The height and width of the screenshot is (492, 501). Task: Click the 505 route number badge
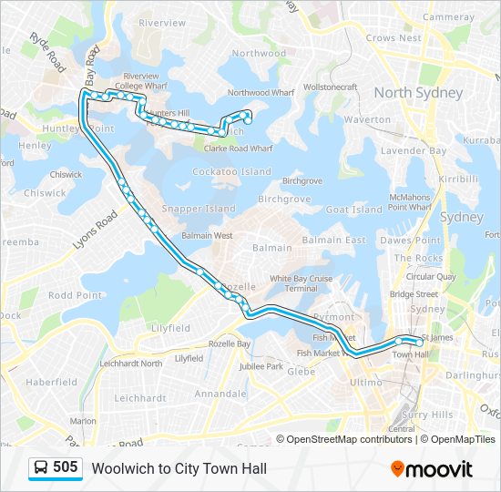65,467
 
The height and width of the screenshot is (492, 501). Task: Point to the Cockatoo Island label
231,171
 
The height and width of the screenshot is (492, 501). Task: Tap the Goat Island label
353,210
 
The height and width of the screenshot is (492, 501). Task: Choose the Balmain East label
333,240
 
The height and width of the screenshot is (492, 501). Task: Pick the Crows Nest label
393,38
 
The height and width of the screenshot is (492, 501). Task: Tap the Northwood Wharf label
261,93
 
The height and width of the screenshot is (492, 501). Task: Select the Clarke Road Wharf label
238,148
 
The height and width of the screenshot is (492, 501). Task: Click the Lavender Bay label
413,150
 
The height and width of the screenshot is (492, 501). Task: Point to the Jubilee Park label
262,366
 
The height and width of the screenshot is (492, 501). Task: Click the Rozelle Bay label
230,343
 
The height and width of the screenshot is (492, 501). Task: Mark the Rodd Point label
75,295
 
